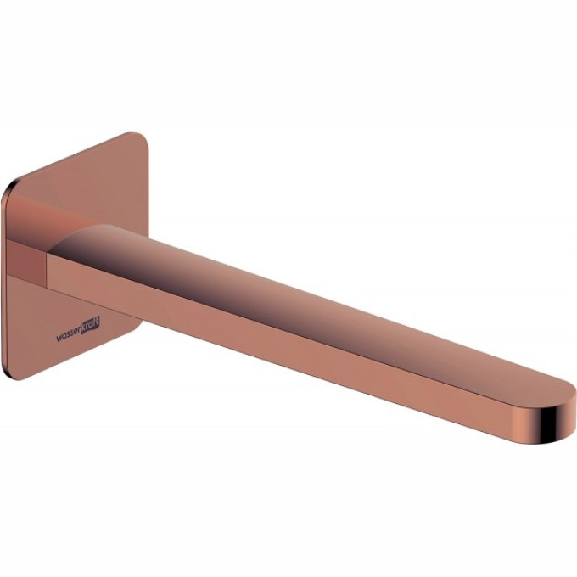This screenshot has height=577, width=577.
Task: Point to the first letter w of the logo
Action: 59,338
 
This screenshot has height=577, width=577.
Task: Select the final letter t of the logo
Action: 98,321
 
